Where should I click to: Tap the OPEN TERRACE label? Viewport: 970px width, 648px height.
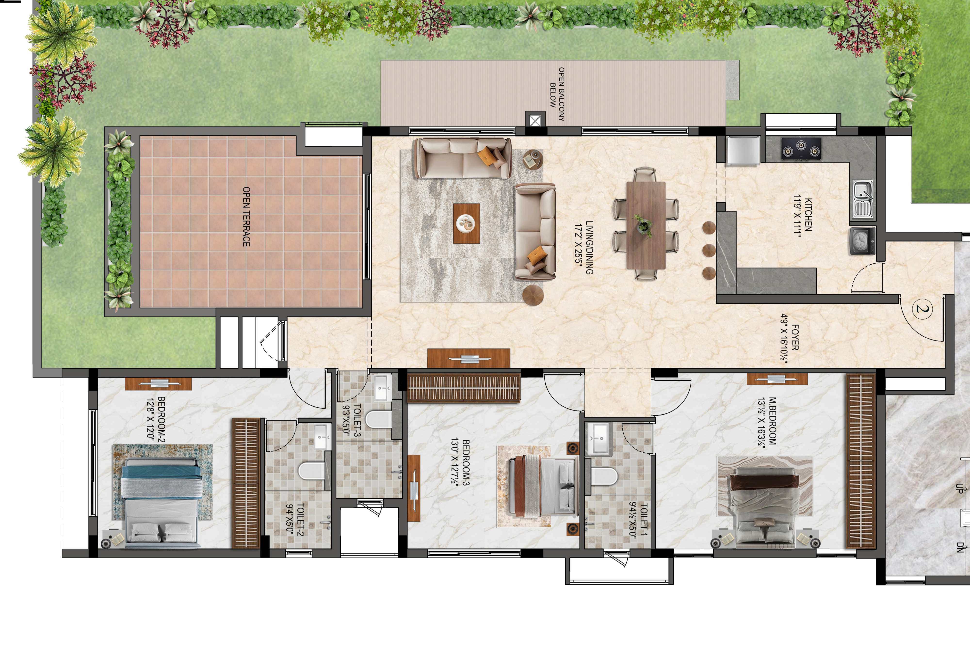(x=246, y=217)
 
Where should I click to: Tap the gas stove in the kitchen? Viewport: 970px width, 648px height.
(x=801, y=148)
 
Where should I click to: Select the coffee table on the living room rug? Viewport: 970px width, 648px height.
(x=466, y=223)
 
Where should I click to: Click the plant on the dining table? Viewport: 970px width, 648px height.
(x=643, y=225)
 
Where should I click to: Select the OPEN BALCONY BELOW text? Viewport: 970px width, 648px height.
(x=557, y=94)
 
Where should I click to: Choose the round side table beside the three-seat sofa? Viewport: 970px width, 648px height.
(x=533, y=159)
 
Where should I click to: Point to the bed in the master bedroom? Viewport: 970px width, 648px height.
(x=765, y=510)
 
